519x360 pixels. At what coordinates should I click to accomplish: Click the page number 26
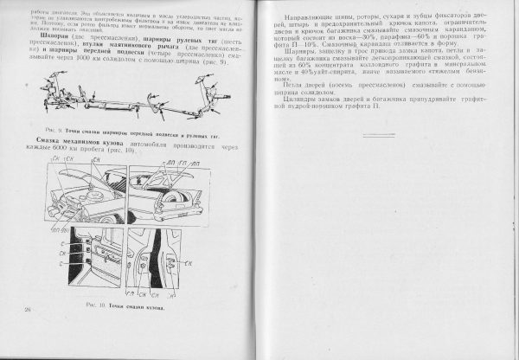tap(29, 309)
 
